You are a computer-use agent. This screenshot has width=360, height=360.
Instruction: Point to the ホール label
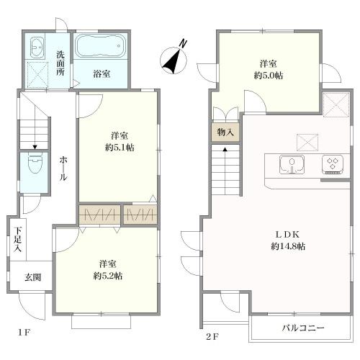tap(63, 168)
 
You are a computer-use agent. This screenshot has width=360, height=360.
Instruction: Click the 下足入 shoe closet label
tap(17, 239)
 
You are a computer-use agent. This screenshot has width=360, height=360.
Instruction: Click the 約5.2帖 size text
tap(107, 276)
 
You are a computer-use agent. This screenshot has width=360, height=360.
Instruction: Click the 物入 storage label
tap(225, 132)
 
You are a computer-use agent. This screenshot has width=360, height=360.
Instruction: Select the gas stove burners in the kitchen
tap(333, 164)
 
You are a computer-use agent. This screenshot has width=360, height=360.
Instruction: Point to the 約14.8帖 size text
tap(281, 246)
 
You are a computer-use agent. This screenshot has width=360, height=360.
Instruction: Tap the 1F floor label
tap(25, 333)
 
